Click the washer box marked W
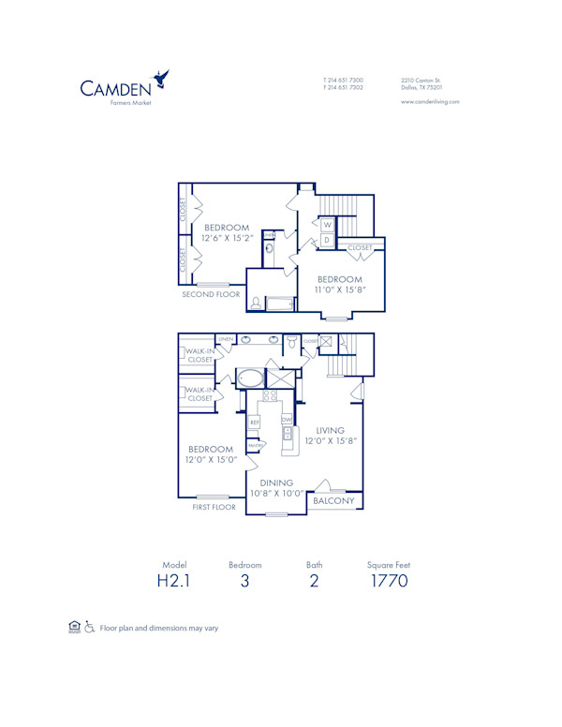click(327, 225)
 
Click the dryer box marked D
click(327, 240)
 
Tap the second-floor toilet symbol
click(256, 303)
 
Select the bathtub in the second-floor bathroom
click(278, 303)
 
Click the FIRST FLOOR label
click(214, 506)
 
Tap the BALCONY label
click(333, 501)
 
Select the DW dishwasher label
click(288, 419)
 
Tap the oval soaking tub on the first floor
click(249, 379)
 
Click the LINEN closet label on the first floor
click(225, 339)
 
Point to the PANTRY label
click(255, 444)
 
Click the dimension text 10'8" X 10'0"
click(275, 493)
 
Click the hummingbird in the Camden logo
click(162, 79)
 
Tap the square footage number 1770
click(388, 581)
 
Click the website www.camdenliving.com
click(430, 101)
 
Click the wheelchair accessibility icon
click(90, 627)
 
